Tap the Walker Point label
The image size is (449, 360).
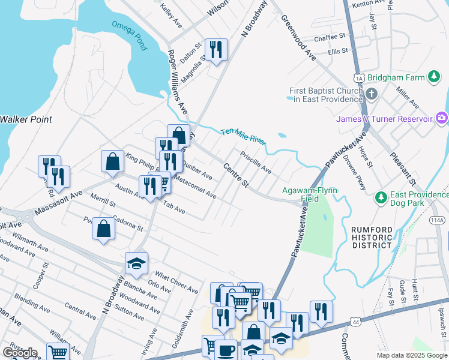point(25,119)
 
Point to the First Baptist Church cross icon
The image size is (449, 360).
point(371,94)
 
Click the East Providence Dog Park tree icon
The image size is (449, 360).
point(379,197)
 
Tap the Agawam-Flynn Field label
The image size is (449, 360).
point(310,194)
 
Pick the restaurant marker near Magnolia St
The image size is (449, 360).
point(215,49)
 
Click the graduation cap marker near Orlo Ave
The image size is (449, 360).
point(136,263)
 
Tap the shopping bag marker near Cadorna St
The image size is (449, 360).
point(103,229)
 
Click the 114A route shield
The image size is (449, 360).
point(438,220)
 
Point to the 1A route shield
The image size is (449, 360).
point(359,78)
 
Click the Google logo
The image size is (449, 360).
point(19,353)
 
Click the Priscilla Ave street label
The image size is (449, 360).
point(256,163)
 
